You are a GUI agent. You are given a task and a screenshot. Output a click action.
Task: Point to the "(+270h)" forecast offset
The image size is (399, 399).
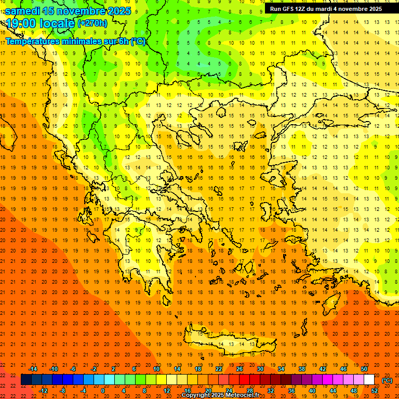[92, 23]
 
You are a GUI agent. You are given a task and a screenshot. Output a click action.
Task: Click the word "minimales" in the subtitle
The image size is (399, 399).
[75, 41]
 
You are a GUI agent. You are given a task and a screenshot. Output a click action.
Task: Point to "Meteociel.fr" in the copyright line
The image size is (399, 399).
[243, 395]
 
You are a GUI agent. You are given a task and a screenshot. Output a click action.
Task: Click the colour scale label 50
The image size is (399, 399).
[364, 369]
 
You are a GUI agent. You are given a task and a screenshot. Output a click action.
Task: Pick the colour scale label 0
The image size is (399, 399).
[103, 391]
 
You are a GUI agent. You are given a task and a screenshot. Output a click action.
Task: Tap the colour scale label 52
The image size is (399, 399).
[374, 391]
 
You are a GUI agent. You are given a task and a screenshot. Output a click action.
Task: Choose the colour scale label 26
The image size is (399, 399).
[240, 369]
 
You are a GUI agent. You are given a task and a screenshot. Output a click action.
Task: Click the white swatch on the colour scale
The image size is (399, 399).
[369, 380]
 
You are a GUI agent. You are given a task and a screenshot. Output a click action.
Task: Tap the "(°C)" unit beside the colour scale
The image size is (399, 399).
[387, 380]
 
